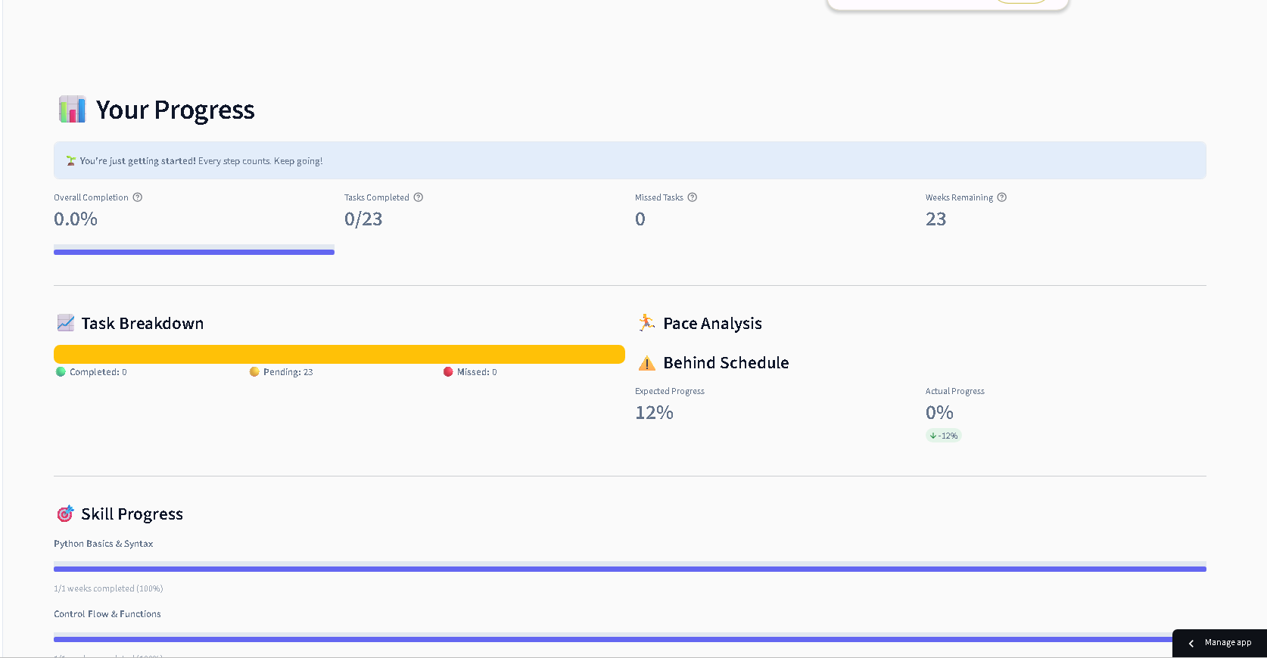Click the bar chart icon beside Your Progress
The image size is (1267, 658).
click(72, 110)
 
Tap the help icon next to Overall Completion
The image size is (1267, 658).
click(138, 197)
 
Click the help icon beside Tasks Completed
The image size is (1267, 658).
click(419, 197)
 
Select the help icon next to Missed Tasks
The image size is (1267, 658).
click(693, 197)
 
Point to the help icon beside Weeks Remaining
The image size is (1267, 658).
click(1002, 197)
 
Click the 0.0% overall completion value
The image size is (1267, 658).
click(76, 219)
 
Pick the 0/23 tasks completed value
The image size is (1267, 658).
click(363, 219)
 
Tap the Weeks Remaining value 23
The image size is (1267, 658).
click(936, 219)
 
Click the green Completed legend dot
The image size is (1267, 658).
click(61, 371)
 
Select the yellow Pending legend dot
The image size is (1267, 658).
click(254, 371)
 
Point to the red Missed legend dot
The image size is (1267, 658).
click(448, 371)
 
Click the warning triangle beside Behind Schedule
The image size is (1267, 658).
click(646, 363)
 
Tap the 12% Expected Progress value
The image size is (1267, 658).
click(654, 413)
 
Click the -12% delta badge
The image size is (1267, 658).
click(944, 436)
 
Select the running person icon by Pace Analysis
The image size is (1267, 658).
click(646, 323)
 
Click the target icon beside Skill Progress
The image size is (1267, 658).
click(65, 514)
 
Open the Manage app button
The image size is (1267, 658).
click(1219, 643)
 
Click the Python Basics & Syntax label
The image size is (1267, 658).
click(104, 544)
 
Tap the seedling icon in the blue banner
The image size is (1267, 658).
click(70, 161)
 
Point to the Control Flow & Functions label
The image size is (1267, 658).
click(107, 614)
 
